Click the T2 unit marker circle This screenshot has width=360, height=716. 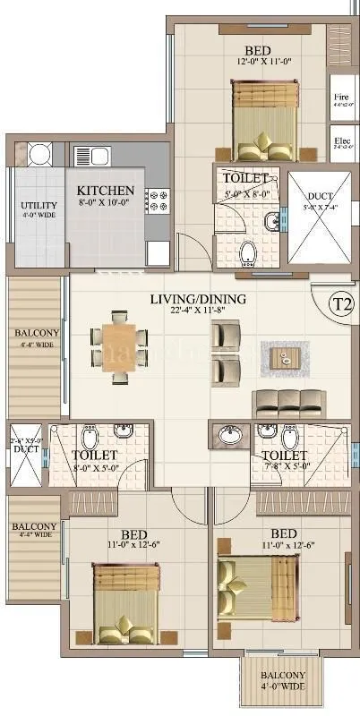(x=342, y=303)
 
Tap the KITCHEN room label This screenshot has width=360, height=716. (x=105, y=191)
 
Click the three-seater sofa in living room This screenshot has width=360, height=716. (x=286, y=402)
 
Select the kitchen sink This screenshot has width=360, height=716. (x=99, y=158)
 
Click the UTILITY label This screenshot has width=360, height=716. (x=39, y=206)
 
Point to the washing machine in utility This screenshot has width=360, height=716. (x=39, y=156)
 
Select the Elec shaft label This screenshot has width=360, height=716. (x=340, y=141)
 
